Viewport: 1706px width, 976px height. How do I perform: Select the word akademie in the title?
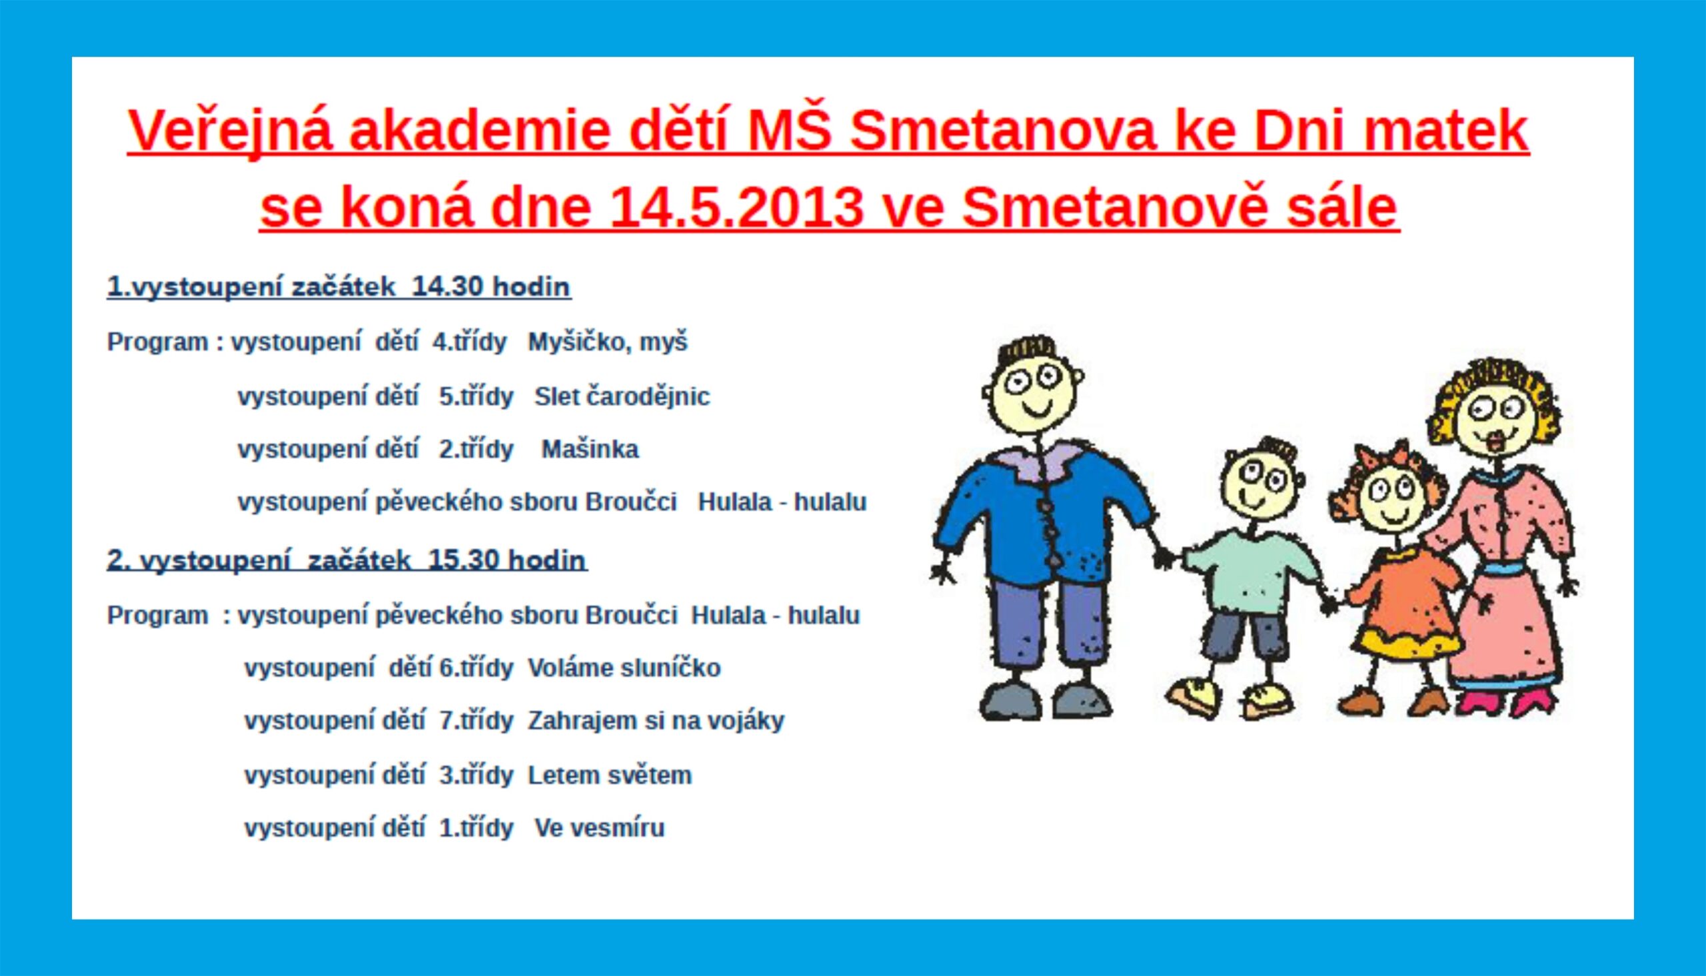479,131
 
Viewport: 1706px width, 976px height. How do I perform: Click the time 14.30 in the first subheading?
446,287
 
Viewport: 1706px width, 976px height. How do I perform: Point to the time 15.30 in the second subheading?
463,560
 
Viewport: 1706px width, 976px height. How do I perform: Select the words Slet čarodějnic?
622,397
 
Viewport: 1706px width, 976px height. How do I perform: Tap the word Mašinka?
590,449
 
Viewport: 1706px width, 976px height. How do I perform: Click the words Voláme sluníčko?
624,668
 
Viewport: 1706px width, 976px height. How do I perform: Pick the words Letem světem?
609,775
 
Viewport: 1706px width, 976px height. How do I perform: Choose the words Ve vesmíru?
599,829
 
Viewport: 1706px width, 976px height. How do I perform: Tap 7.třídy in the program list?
476,722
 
